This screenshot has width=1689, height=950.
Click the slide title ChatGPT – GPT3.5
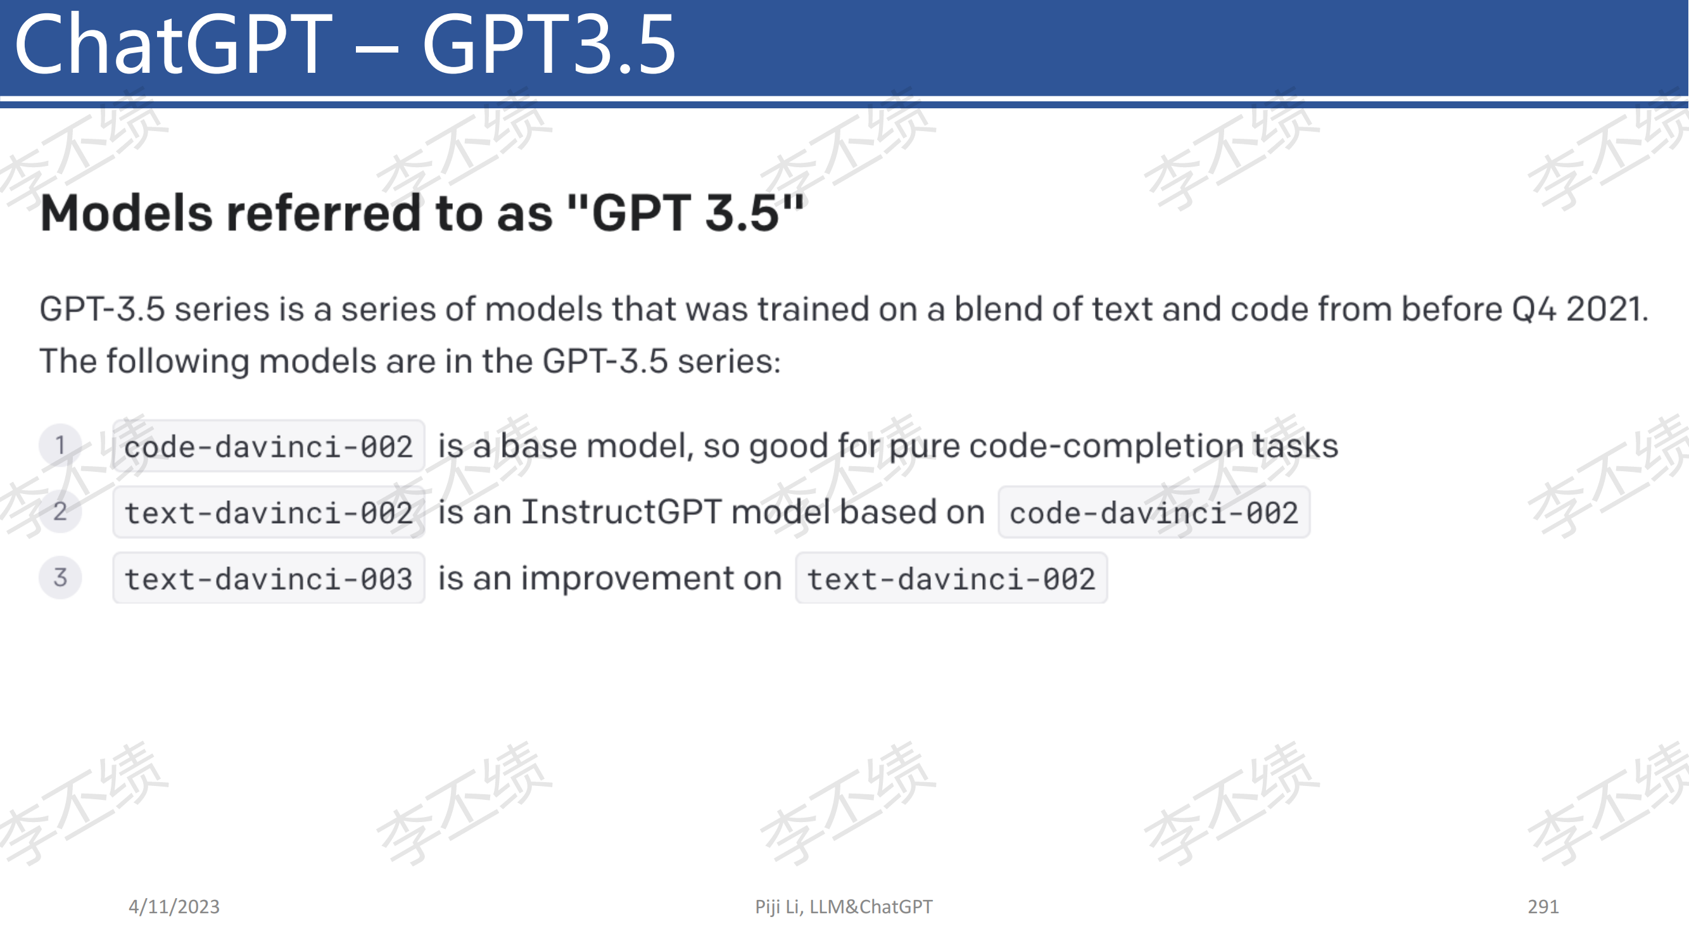point(345,44)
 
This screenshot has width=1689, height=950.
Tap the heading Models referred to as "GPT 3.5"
point(422,212)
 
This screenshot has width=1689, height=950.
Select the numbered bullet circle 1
point(60,445)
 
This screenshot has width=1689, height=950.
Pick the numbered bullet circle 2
point(60,511)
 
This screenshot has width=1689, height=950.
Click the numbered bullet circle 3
point(60,578)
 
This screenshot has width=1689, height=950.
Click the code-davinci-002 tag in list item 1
point(269,446)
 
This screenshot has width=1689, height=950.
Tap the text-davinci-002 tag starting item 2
point(269,512)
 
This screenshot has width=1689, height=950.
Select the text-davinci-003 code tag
point(269,578)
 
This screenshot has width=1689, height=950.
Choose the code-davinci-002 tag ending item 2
point(1154,512)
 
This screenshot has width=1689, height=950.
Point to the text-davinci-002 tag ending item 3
point(951,578)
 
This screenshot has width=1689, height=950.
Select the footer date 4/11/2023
point(174,906)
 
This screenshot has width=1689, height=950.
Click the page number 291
point(1543,906)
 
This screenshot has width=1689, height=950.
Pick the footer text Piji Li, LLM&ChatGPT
point(843,906)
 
